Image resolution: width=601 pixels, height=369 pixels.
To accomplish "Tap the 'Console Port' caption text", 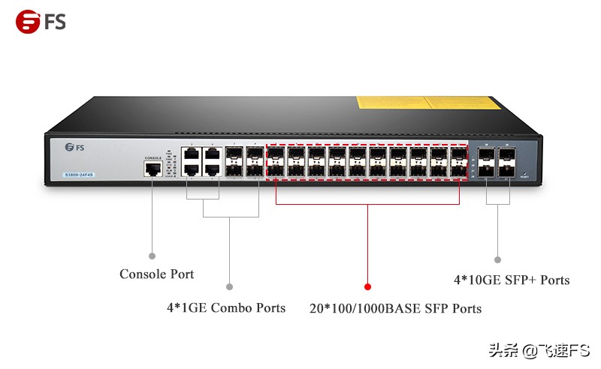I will click(156, 274).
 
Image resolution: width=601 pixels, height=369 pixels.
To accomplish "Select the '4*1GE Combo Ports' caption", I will click(226, 307).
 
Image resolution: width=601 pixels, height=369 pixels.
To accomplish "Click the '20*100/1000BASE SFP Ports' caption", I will click(395, 308).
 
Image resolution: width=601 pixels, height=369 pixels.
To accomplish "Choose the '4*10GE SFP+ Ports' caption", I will click(511, 280).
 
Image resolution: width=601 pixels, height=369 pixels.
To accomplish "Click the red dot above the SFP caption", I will click(367, 286).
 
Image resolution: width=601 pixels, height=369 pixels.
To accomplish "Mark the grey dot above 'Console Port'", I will click(152, 256).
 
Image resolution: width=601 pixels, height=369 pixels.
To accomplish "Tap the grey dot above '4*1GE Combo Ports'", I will click(230, 286).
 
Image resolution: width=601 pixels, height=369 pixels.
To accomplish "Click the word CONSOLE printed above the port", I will click(153, 158).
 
